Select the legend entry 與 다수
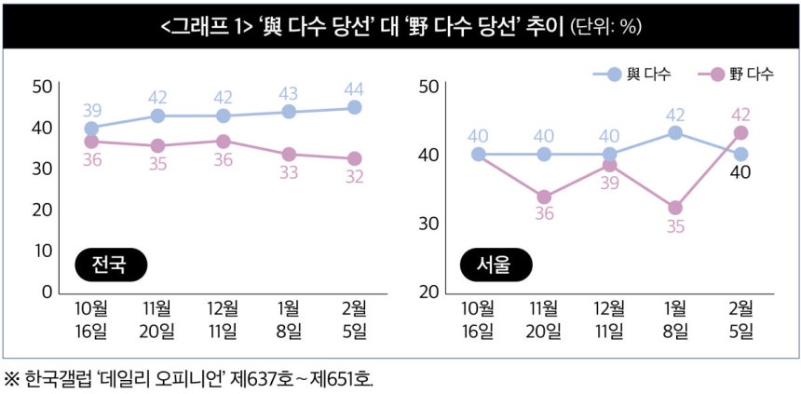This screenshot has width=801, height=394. coord(640,74)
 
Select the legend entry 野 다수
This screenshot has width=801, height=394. coord(741,74)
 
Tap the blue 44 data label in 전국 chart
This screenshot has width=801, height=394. coord(354,89)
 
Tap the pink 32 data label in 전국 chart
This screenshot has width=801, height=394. coord(354,177)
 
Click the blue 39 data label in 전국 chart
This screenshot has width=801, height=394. coord(91,110)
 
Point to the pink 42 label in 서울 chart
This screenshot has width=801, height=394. coord(740,114)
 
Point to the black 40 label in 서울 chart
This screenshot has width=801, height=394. coord(740,172)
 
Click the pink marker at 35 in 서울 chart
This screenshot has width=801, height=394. coord(675,208)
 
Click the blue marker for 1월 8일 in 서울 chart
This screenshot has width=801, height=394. coord(675,133)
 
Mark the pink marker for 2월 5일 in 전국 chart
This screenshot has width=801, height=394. coord(354,158)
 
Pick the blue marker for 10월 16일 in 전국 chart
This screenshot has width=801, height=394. coord(91,129)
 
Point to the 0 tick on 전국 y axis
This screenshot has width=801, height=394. coord(44,292)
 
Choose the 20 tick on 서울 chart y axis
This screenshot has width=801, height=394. coord(428,292)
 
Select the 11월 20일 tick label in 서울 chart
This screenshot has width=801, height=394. coord(544,319)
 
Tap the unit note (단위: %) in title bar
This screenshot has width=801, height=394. coord(604,27)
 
